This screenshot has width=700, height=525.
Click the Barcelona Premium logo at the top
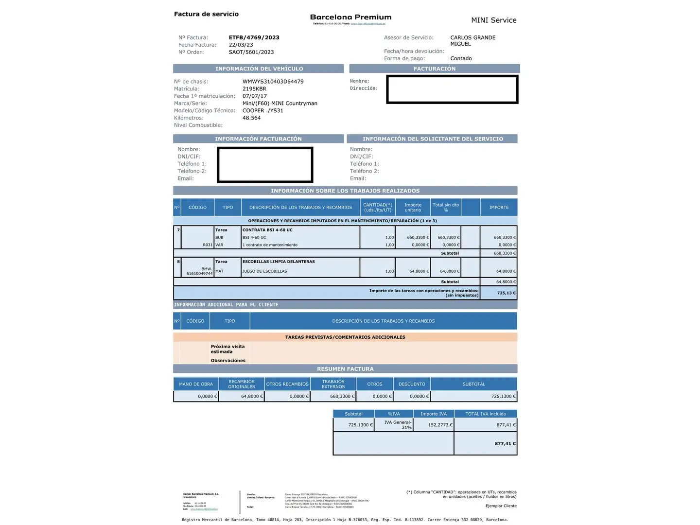pos(350,17)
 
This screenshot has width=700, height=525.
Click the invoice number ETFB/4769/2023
pos(254,37)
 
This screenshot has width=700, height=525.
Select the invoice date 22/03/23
pos(241,45)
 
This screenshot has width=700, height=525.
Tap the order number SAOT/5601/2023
pos(251,52)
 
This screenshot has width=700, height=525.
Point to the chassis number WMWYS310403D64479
pos(273,82)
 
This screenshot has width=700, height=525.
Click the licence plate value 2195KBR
pos(254,89)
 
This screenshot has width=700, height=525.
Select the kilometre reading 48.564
pos(251,118)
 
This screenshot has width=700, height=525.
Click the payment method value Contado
pos(461,58)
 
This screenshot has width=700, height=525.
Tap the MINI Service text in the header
pos(493,20)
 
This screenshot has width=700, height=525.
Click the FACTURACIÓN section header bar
pos(434,69)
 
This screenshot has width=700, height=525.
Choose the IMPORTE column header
pos(499,208)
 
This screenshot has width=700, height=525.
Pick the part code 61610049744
pos(199,274)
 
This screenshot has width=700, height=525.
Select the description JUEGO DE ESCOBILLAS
pos(264,271)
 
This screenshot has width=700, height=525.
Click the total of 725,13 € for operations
pos(506,293)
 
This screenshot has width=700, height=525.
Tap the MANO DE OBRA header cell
pos(196,384)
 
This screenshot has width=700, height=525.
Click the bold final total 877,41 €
pos(505,444)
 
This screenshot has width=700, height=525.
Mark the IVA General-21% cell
pos(398,425)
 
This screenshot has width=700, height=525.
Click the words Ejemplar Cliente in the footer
pos(501,506)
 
